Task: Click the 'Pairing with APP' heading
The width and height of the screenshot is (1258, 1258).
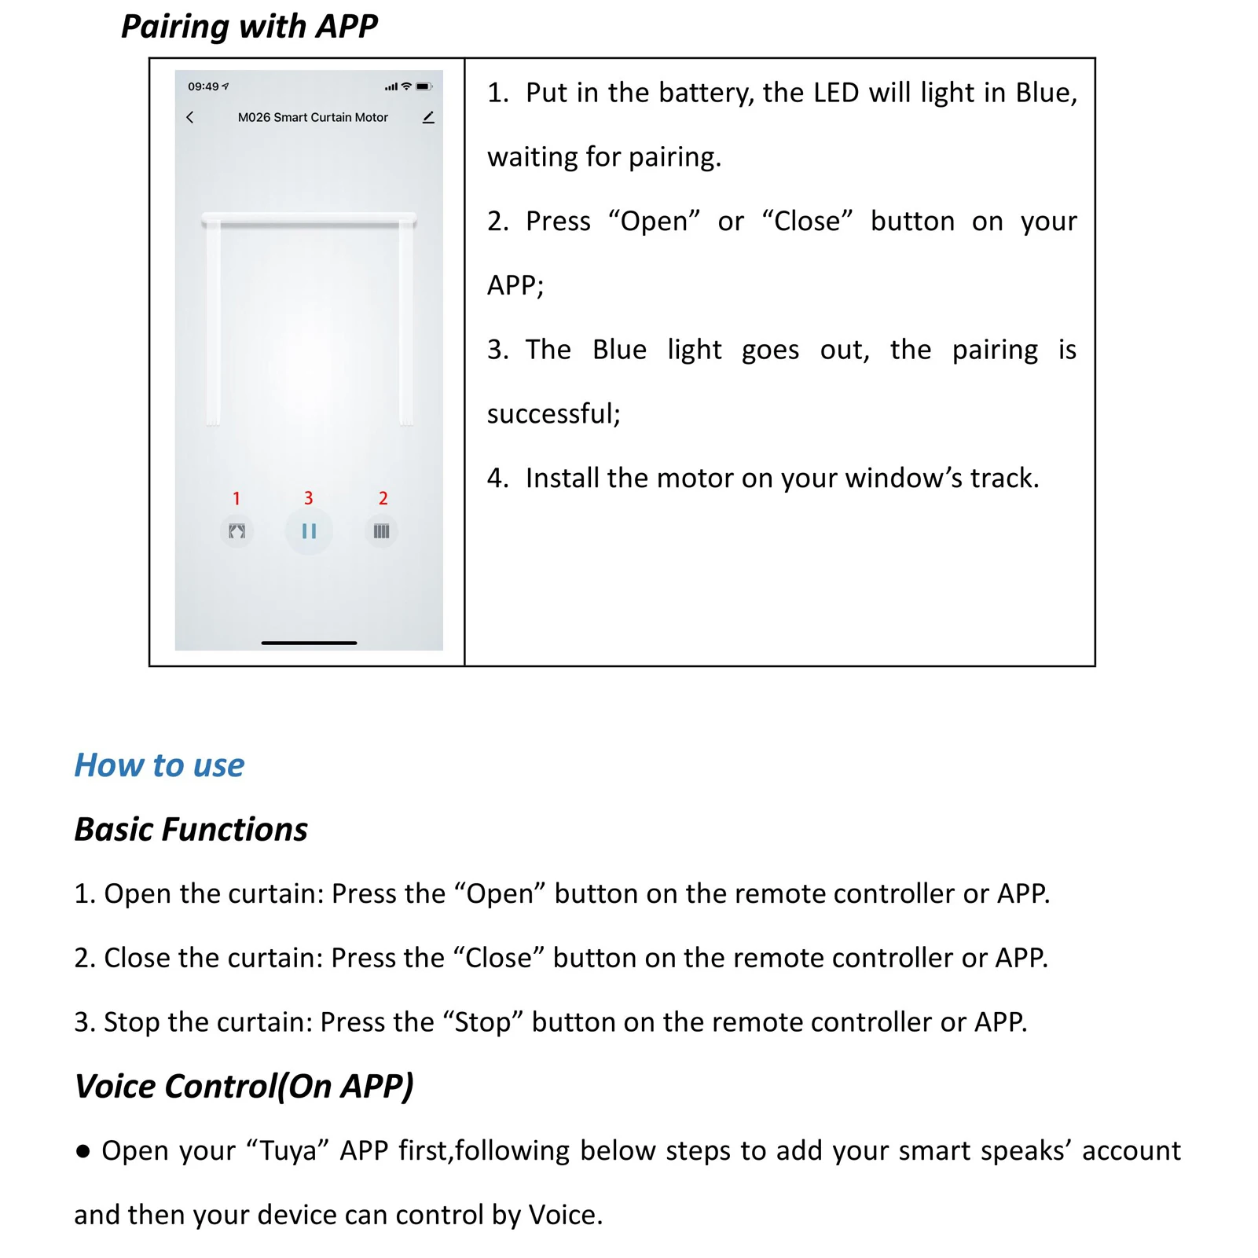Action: pos(249,27)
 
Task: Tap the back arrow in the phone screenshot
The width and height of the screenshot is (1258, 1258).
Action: pos(190,117)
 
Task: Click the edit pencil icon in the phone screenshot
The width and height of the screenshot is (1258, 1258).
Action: pos(428,118)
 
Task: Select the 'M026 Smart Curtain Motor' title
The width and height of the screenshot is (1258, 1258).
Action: pos(313,117)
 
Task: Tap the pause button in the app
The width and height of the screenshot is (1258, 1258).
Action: pos(309,532)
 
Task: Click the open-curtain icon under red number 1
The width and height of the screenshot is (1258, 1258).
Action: pos(237,532)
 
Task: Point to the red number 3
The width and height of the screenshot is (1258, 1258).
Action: pos(309,498)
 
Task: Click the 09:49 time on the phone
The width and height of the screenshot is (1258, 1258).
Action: pos(204,86)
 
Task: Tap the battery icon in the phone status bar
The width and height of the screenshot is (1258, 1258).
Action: pos(424,86)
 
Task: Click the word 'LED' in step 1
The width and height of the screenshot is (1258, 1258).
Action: pos(836,93)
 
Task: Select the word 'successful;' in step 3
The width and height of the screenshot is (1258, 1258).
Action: pos(553,413)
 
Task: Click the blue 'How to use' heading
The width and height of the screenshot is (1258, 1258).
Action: pos(160,765)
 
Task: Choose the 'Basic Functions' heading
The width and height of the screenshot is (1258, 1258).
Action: pos(191,830)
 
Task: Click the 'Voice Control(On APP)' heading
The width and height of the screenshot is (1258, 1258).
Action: pos(244,1087)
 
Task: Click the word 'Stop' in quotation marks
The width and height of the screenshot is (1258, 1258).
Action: pos(482,1022)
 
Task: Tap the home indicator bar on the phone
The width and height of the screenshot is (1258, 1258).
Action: pos(309,643)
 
